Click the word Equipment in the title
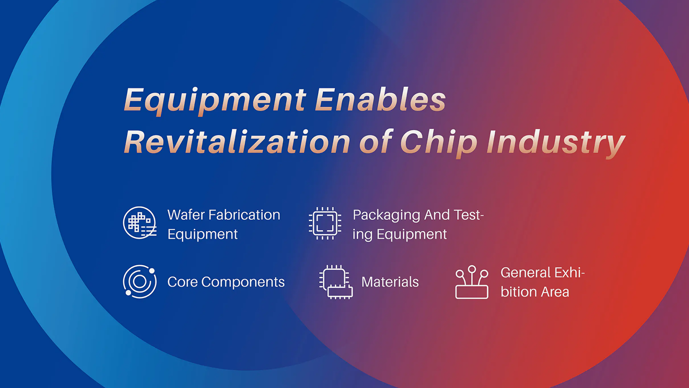point(215,101)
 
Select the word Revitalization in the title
point(237,141)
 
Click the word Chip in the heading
point(439,143)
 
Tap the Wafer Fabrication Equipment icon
point(140,223)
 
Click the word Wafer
point(186,214)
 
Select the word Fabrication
point(244,214)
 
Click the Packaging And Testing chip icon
point(325,223)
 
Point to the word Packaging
point(386,216)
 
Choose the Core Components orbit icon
point(139,281)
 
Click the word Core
point(182,282)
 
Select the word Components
point(243,282)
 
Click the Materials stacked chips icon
point(336,282)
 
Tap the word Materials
point(390,282)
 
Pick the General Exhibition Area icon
point(472,282)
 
